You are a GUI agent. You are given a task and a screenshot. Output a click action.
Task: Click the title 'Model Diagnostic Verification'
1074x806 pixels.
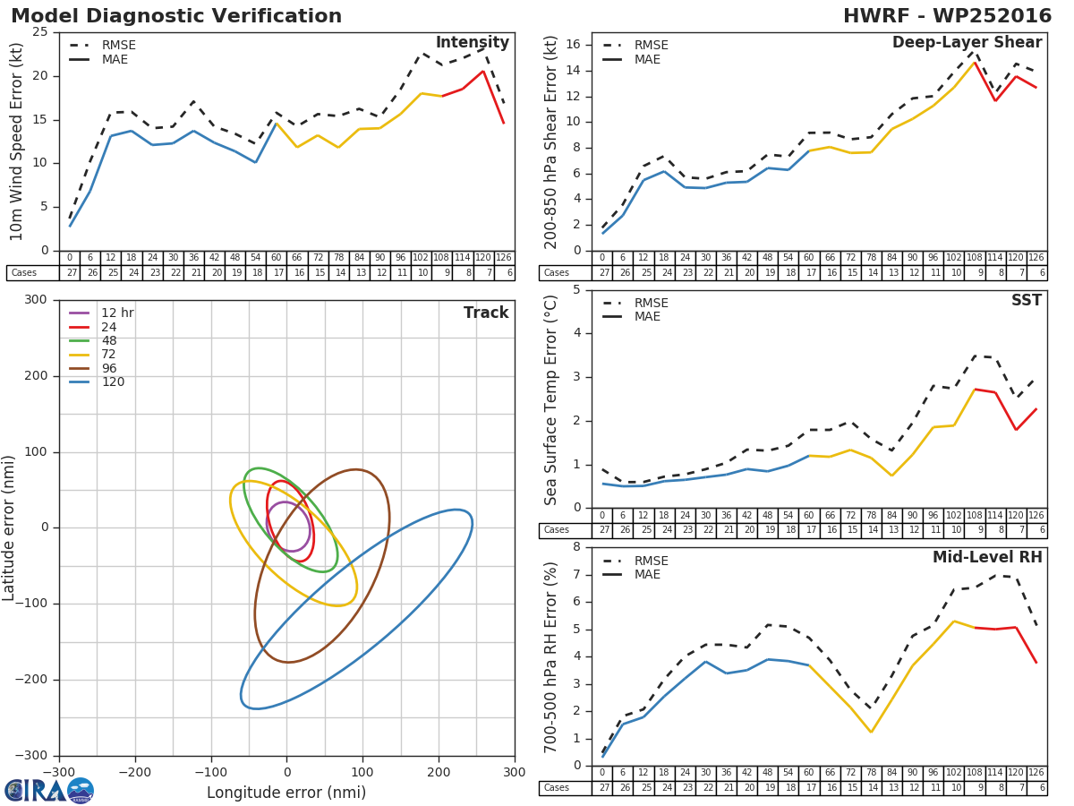pyautogui.click(x=176, y=16)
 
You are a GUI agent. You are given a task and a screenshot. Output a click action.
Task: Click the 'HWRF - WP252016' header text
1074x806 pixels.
pyautogui.click(x=947, y=16)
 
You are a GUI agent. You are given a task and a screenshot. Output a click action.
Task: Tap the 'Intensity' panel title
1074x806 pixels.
pyautogui.click(x=473, y=43)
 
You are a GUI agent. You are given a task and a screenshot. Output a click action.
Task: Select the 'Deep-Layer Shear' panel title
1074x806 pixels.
pyautogui.click(x=967, y=43)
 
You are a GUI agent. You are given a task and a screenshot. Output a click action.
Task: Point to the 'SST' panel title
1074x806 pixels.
pyautogui.click(x=1026, y=300)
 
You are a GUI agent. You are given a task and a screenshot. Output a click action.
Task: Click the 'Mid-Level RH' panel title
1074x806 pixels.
pyautogui.click(x=987, y=557)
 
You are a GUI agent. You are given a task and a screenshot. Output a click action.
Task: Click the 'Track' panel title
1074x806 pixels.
pyautogui.click(x=486, y=313)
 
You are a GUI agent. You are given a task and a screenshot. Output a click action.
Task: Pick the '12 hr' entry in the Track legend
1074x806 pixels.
pyautogui.click(x=101, y=313)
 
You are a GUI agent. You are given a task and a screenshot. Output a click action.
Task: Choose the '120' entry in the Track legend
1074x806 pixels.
pyautogui.click(x=97, y=382)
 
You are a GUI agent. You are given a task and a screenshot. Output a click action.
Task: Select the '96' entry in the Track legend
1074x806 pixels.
pyautogui.click(x=93, y=368)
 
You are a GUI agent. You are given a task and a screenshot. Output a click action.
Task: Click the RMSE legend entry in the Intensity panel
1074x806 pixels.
pyautogui.click(x=103, y=45)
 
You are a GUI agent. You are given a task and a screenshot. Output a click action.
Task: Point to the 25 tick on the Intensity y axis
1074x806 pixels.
pyautogui.click(x=40, y=32)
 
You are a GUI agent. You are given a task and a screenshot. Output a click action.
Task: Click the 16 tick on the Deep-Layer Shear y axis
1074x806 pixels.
pyautogui.click(x=573, y=45)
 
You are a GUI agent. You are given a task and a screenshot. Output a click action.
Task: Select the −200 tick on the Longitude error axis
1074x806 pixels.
pyautogui.click(x=135, y=772)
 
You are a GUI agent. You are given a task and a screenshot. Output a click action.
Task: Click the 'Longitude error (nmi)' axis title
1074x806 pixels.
pyautogui.click(x=286, y=793)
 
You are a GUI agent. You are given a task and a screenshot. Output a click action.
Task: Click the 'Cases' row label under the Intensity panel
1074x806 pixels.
pyautogui.click(x=23, y=272)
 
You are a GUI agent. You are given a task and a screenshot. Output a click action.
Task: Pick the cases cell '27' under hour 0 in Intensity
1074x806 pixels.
pyautogui.click(x=72, y=272)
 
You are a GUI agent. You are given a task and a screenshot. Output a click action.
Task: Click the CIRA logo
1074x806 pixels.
pyautogui.click(x=49, y=791)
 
